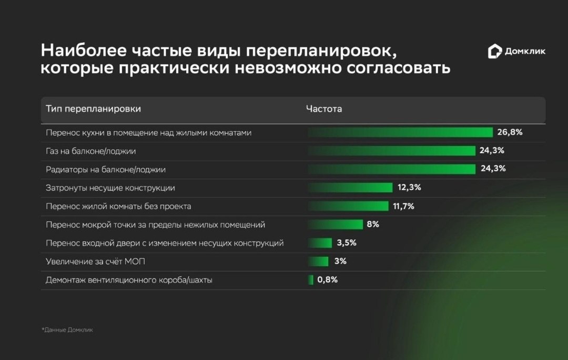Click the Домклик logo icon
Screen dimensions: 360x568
(495, 51)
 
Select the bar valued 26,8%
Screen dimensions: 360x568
(400, 133)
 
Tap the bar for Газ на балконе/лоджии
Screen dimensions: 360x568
(391, 151)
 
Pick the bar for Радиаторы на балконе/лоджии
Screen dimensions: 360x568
(391, 169)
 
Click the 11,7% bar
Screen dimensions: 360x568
(348, 206)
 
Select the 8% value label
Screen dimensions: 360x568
(373, 224)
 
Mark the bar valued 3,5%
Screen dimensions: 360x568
(320, 243)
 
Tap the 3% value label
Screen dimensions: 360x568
(340, 261)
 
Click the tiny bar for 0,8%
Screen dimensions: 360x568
(311, 279)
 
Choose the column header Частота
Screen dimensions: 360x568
(324, 109)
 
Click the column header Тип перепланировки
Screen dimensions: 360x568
(93, 109)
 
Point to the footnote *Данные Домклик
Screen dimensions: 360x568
(67, 330)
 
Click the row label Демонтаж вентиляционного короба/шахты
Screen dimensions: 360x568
(129, 280)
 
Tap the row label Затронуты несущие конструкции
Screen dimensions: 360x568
(110, 188)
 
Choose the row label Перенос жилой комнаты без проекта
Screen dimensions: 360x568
(118, 206)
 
